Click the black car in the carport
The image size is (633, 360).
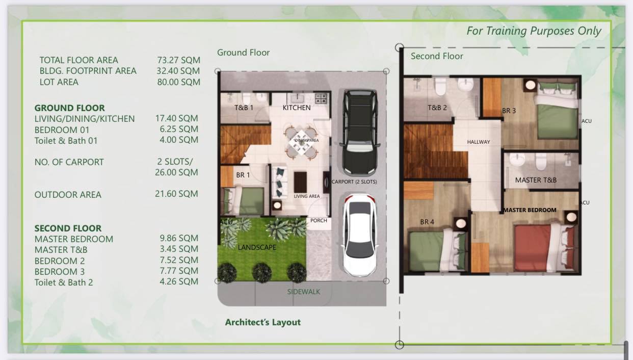[x=359, y=132]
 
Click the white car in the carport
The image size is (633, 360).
[x=359, y=235]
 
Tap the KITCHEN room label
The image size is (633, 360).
[x=297, y=108]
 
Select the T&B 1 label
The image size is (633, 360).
[x=244, y=108]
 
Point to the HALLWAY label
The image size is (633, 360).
[x=479, y=142]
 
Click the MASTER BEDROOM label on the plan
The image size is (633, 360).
[x=530, y=210]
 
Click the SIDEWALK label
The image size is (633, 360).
[x=303, y=292]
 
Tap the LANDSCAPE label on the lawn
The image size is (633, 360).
[x=256, y=247]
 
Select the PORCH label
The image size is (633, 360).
[x=319, y=221]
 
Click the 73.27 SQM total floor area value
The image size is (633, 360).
[x=178, y=60]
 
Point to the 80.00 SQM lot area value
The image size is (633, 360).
[x=178, y=82]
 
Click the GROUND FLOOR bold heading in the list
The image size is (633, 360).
[x=69, y=108]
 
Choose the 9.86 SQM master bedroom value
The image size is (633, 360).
[x=179, y=238]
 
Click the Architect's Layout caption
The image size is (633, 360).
[x=263, y=322]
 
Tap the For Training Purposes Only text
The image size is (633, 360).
[x=534, y=31]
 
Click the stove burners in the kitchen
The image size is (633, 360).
[x=321, y=98]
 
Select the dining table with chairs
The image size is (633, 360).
[x=302, y=142]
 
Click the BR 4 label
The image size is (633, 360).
[x=427, y=222]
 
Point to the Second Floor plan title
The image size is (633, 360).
[x=437, y=56]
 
